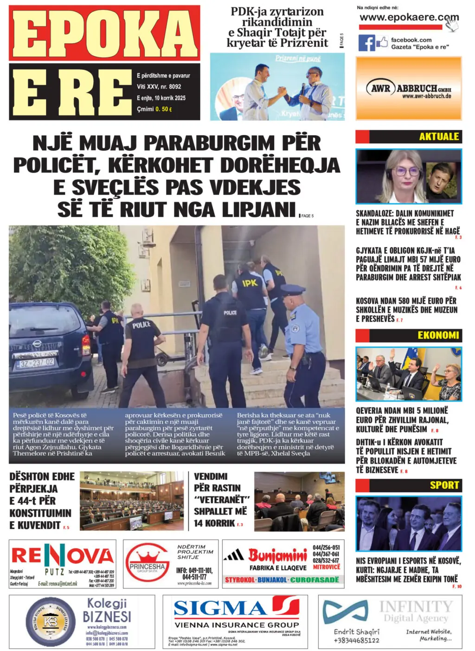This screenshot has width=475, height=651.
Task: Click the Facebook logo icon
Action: point(366,43)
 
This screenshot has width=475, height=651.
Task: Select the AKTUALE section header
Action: point(438,136)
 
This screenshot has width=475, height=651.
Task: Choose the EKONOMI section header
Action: point(438,335)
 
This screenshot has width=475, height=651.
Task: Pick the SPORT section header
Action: point(444,485)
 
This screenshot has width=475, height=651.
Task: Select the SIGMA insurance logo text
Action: point(220,608)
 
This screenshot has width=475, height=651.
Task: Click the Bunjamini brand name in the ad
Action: point(277,555)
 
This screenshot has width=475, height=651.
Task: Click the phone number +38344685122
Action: point(356,640)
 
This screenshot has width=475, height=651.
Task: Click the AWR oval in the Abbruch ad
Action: point(380,88)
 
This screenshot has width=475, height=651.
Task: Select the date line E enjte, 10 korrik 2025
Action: point(161,98)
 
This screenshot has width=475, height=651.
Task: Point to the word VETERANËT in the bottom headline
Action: point(222,500)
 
